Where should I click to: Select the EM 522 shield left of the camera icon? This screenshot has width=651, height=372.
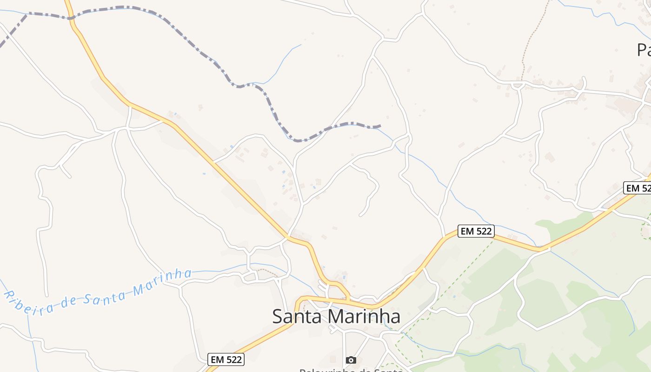click(x=226, y=359)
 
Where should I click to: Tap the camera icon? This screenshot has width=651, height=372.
click(x=351, y=360)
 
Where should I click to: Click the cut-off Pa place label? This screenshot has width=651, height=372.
click(x=644, y=49)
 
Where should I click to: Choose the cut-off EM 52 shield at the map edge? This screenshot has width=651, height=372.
click(x=638, y=188)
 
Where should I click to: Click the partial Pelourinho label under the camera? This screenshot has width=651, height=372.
click(x=351, y=370)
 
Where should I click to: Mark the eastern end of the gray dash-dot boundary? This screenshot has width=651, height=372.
click(x=380, y=126)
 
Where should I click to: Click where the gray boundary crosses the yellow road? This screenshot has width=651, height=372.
click(x=70, y=18)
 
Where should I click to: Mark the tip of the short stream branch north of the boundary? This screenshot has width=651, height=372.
click(x=301, y=45)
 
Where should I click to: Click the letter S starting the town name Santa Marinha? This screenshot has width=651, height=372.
click(x=277, y=317)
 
